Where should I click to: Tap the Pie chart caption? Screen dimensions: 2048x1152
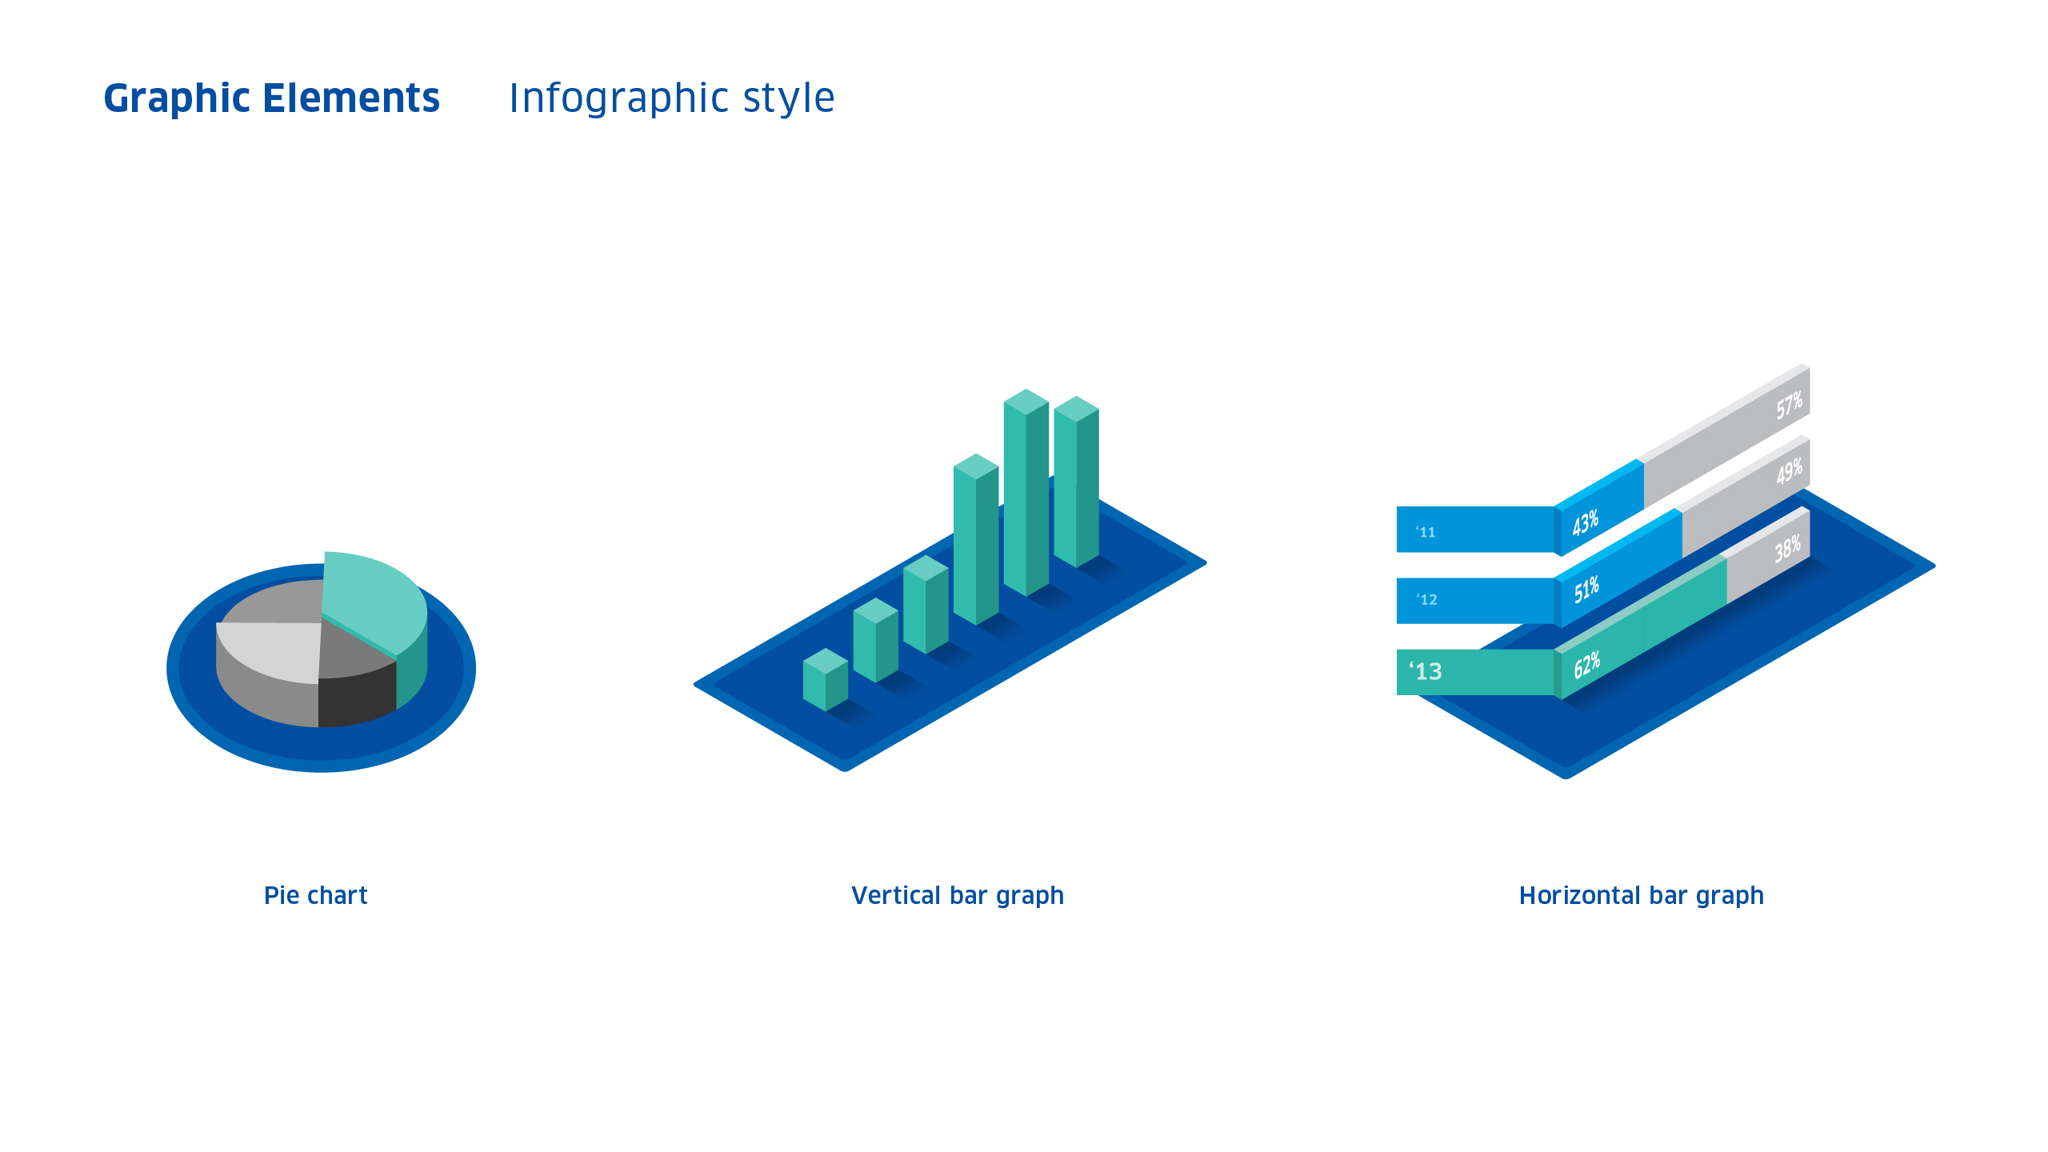tap(316, 895)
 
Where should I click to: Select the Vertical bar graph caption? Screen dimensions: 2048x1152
tap(958, 896)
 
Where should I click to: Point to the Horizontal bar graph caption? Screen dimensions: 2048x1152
tap(1642, 896)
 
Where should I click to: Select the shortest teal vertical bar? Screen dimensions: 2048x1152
tap(826, 679)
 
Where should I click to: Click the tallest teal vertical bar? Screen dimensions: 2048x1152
tap(1026, 492)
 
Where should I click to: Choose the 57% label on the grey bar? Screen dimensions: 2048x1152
tap(1789, 406)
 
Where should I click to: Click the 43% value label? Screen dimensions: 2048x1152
tap(1585, 522)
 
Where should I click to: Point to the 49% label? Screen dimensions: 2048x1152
tap(1789, 471)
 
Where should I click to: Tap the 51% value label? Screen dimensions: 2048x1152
tap(1586, 590)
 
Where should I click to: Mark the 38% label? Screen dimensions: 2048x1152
tap(1787, 550)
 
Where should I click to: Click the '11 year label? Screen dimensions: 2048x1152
tap(1426, 532)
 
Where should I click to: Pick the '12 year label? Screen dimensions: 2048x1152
tap(1426, 599)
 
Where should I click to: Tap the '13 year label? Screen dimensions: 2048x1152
tap(1426, 670)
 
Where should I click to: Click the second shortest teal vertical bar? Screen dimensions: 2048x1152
tap(876, 640)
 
